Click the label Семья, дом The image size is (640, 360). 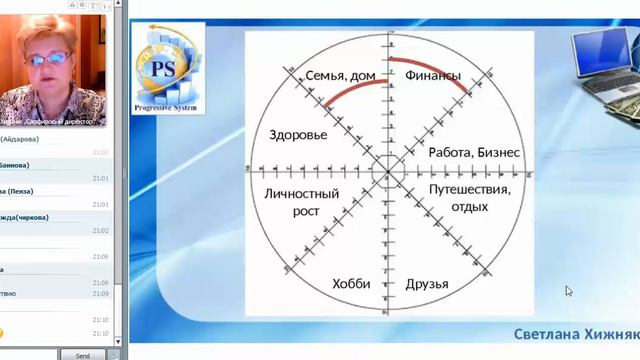coord(326,75)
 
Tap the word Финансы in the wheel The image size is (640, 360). coord(433,75)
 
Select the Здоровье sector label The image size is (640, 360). coord(298,134)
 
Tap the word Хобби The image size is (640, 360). coord(350,283)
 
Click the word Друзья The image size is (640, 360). coord(426,283)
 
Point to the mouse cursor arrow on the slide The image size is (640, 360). coord(568,291)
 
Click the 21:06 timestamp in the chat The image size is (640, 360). coord(101,257)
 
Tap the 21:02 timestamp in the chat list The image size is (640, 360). coord(101,230)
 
